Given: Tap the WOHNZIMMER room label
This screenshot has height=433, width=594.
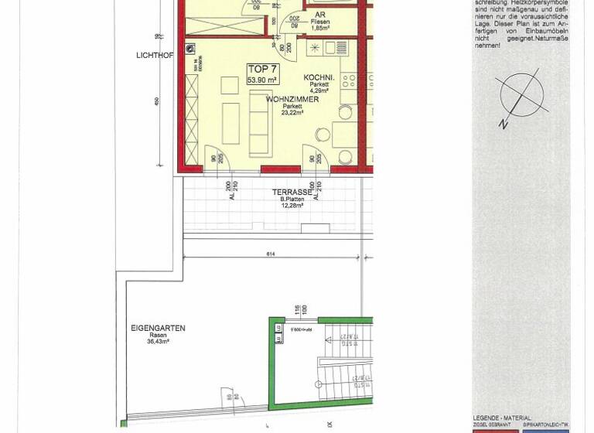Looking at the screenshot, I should coord(292,100).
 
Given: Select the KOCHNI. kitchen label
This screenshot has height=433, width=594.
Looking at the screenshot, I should coord(319,77).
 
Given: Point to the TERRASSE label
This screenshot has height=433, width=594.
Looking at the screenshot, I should coord(291,191).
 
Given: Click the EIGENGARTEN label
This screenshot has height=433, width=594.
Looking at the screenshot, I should coord(158,328).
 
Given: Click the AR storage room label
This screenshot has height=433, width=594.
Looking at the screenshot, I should coord(319,14).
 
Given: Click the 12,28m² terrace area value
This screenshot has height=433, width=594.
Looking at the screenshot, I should coord(291,206).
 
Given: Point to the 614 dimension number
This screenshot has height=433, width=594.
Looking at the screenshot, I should coord(270,254).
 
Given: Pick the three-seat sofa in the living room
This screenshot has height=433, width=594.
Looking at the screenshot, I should coord(258,127).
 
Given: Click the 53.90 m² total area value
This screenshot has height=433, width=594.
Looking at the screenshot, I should coord(261,80).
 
